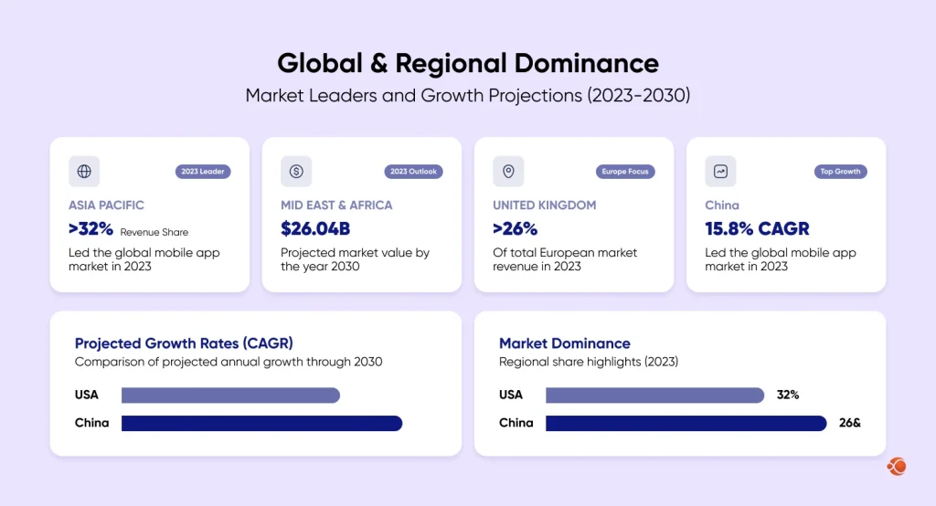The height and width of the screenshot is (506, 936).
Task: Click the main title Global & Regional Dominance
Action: tap(467, 63)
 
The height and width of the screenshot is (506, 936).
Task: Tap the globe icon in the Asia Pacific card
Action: tap(84, 171)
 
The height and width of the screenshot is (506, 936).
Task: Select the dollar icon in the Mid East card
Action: tap(296, 171)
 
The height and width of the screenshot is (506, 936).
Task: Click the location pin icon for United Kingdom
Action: tap(508, 171)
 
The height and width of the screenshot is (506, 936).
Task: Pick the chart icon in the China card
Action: tap(720, 171)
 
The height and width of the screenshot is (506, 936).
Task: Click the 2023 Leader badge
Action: tap(203, 172)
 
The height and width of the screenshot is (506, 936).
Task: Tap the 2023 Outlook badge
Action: tap(413, 172)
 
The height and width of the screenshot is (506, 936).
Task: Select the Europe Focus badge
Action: tap(626, 172)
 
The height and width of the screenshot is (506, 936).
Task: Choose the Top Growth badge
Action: tap(840, 172)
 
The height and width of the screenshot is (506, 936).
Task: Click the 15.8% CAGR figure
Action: tap(757, 229)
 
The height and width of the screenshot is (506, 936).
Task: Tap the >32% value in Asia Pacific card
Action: tap(91, 229)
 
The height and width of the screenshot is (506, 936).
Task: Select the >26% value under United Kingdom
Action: tap(516, 229)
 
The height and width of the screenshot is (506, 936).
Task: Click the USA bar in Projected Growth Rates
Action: tap(230, 395)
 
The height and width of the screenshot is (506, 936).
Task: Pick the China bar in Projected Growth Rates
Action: tap(261, 423)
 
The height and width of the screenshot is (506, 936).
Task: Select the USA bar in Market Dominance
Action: tap(654, 395)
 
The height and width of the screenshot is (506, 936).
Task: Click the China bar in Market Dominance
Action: tap(686, 423)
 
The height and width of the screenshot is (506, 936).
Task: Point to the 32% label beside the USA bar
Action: tap(788, 395)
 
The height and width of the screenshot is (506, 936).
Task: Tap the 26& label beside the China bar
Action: tap(850, 423)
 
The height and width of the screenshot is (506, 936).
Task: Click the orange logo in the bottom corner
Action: tap(897, 467)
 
